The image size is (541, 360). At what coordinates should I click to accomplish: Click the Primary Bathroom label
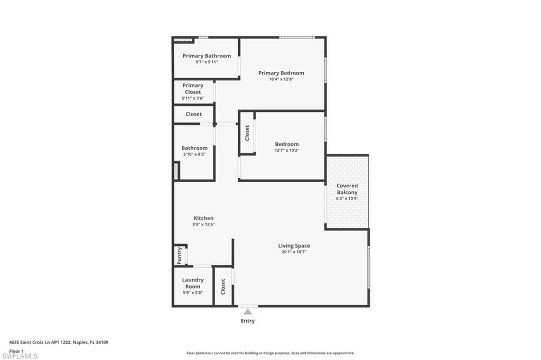(207, 56)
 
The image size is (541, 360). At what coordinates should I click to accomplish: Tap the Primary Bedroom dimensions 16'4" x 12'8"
(281, 79)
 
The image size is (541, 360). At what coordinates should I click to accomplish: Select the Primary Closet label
(193, 89)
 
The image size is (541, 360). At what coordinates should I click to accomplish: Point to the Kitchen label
(203, 218)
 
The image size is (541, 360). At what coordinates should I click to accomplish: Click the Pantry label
(179, 255)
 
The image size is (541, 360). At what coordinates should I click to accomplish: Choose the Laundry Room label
(193, 283)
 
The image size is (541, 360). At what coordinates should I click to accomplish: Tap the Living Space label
(294, 245)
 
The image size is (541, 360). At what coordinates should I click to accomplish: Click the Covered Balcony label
(347, 189)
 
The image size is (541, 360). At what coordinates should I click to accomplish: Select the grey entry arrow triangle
(248, 312)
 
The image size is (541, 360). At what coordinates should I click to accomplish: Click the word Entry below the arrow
(248, 321)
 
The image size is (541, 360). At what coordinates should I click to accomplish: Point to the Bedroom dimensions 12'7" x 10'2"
(287, 150)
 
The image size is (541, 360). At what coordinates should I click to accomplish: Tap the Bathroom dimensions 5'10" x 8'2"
(194, 154)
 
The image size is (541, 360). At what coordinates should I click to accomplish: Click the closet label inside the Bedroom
(247, 133)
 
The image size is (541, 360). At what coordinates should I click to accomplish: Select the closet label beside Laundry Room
(223, 287)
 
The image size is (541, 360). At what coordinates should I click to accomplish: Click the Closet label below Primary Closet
(193, 114)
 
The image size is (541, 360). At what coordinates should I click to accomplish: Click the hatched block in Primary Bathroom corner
(182, 40)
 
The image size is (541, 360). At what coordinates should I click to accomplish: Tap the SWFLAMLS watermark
(20, 356)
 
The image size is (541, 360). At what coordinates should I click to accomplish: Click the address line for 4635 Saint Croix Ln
(59, 343)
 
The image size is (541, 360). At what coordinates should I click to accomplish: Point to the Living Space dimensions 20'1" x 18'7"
(294, 252)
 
